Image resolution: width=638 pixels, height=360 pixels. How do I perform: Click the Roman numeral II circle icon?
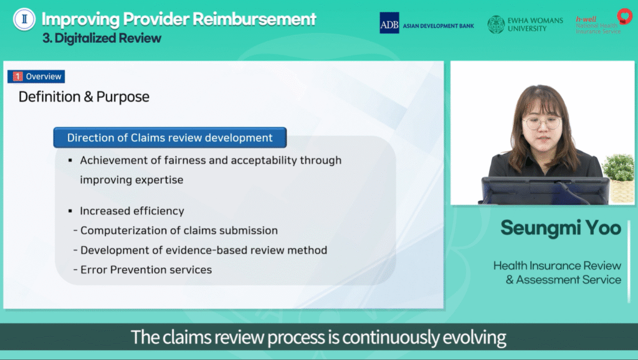point(24,19)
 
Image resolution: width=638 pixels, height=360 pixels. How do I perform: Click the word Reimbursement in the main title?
point(254,19)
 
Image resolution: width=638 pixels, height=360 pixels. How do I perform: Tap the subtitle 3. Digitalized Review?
point(102,38)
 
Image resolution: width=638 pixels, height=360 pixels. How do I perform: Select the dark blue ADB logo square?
point(389,23)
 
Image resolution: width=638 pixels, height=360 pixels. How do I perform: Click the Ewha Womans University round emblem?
point(496,24)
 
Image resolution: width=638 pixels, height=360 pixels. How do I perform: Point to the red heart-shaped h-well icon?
point(624,16)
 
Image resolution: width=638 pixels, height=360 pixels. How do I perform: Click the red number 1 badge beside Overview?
point(17,77)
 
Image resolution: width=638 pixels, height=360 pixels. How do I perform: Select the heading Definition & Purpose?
point(84,97)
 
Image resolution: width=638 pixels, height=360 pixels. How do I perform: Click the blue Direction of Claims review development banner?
point(169,138)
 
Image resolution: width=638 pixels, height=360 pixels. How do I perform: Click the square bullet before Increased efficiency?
point(70,211)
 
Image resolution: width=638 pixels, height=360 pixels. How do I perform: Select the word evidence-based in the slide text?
point(207,250)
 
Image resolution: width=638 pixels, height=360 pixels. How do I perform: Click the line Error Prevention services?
point(146,270)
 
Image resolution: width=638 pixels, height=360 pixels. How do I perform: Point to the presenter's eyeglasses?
point(543,122)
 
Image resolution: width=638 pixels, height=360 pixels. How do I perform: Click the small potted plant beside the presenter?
point(619,178)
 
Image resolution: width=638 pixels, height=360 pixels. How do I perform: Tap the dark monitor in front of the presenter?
point(545,191)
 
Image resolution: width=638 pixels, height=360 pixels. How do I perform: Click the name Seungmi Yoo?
point(561,228)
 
